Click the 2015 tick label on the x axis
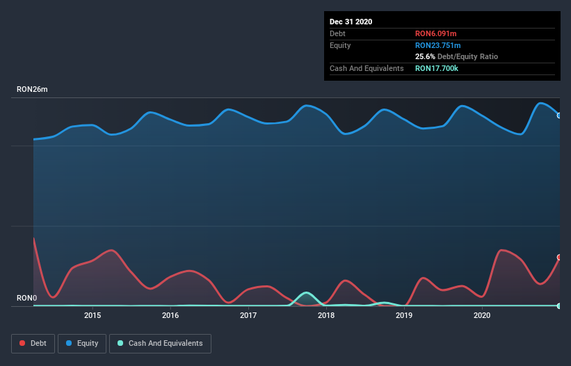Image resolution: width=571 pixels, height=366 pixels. coord(93,316)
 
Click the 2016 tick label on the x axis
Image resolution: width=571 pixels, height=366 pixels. coord(170,316)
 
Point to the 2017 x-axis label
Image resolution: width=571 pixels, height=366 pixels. coord(248,316)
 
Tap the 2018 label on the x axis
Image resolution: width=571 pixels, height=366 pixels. coord(326,316)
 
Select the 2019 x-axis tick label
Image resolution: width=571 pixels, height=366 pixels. coord(404,316)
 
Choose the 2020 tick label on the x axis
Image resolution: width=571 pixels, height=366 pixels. coord(482,316)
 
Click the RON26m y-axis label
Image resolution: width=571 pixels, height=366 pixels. coord(32,90)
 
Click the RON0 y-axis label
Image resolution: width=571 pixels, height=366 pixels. coord(26,299)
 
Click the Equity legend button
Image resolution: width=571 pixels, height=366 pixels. coord(83,343)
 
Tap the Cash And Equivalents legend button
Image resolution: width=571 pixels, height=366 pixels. coord(160,343)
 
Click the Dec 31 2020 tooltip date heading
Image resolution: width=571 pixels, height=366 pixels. coord(351,22)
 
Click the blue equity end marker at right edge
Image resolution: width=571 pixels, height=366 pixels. coord(559,116)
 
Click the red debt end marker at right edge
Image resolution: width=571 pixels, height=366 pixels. coord(559,257)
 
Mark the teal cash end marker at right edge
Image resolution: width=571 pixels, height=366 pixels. coord(559,305)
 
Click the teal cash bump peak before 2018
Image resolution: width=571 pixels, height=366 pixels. coord(306,293)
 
